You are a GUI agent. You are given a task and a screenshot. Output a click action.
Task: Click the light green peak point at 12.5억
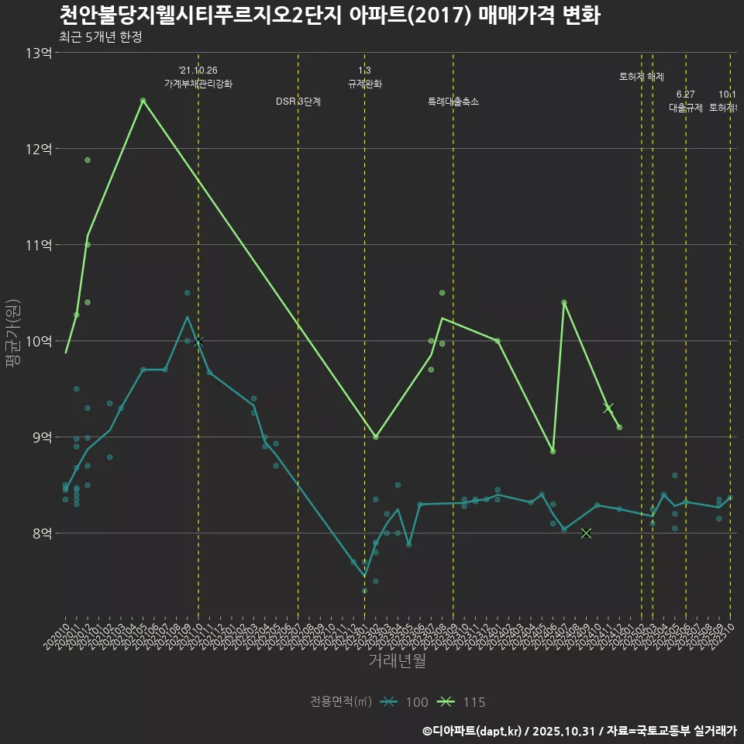[143, 101]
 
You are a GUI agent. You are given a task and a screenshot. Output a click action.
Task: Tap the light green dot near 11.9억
[88, 160]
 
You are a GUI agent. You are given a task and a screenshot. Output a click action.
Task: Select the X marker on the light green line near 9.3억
[608, 408]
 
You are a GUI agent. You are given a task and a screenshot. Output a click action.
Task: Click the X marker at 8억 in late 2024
[586, 533]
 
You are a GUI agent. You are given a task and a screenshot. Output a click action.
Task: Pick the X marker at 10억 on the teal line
[198, 341]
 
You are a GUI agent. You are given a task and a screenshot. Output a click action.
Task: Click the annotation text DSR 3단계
[298, 102]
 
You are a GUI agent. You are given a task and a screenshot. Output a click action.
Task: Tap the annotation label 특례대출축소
[453, 102]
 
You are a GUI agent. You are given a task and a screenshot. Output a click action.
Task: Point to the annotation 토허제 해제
[642, 77]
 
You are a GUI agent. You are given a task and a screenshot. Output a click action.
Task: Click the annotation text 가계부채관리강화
[198, 84]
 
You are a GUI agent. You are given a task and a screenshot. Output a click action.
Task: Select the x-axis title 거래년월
[397, 661]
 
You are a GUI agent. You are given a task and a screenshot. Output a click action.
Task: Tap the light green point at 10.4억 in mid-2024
[564, 302]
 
